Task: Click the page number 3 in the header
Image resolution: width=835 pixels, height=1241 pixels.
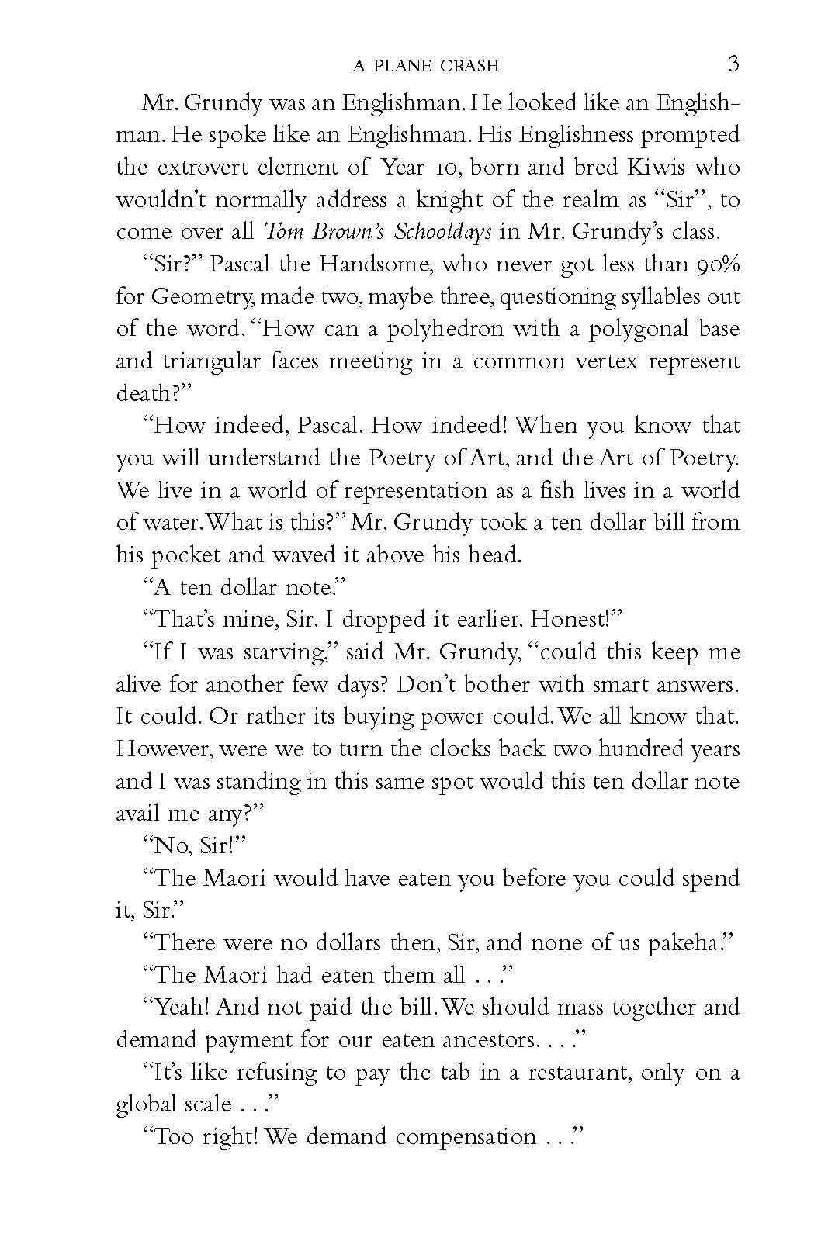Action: click(733, 64)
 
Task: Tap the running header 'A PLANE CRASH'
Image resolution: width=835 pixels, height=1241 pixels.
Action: click(425, 66)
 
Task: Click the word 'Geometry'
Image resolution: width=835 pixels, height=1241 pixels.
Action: click(201, 297)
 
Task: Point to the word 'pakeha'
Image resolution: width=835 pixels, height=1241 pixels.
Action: click(685, 943)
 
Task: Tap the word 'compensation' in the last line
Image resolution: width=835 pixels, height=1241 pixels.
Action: click(466, 1137)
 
